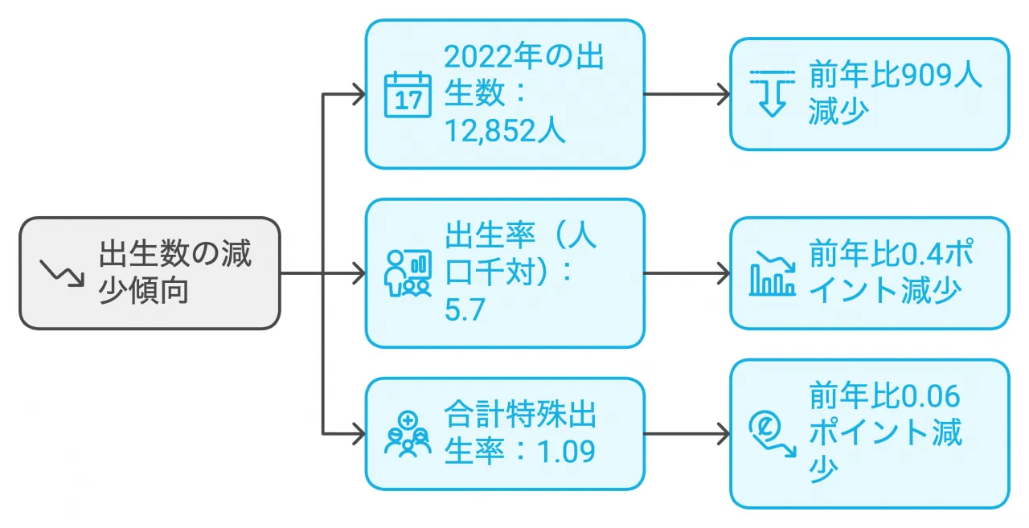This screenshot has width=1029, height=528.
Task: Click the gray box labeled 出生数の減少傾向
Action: point(150,273)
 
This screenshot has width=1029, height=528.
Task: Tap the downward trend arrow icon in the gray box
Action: point(63,273)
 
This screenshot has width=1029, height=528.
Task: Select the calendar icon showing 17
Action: point(408,95)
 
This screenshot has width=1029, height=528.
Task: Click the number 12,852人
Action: point(505,131)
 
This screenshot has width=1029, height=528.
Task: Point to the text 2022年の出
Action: point(524,58)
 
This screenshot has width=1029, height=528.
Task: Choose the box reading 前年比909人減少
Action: point(869,94)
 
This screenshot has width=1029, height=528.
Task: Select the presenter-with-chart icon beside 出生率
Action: point(408,273)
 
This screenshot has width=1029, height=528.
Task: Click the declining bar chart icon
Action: point(772,273)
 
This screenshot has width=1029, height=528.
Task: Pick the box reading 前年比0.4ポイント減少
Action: point(869,273)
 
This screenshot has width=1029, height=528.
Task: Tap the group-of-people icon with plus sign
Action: point(408,434)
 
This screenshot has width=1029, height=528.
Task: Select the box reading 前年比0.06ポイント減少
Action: point(869,434)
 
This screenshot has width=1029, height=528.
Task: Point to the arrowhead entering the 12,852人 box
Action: point(359,95)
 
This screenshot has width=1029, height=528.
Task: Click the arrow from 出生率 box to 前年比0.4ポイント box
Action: point(687,273)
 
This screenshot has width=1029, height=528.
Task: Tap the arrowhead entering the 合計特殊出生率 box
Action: point(359,435)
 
